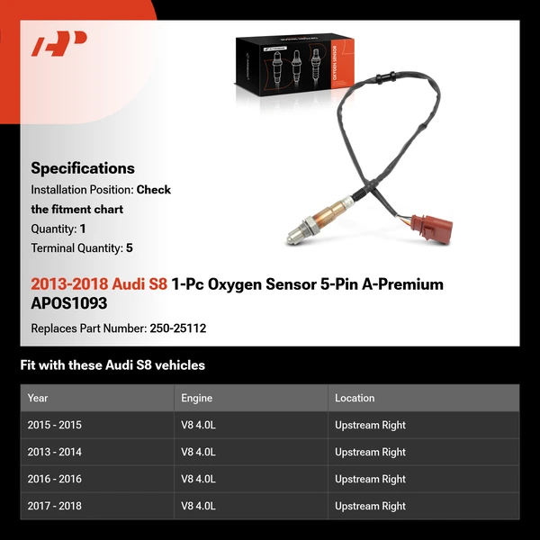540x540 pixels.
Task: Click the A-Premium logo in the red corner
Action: tap(59, 43)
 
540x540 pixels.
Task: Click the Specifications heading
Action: tap(83, 168)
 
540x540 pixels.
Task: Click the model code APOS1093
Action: tap(69, 303)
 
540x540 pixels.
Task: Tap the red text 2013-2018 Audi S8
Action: tap(99, 284)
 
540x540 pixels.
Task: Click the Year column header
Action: tap(38, 398)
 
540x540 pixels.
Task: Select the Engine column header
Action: tap(197, 398)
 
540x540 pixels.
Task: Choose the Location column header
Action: tap(355, 398)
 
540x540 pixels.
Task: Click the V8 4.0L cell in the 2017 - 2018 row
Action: tap(198, 506)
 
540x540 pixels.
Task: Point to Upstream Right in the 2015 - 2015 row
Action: tap(370, 425)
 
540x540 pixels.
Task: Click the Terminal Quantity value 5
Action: tap(130, 248)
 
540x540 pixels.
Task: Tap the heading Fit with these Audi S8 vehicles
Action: tap(112, 365)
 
